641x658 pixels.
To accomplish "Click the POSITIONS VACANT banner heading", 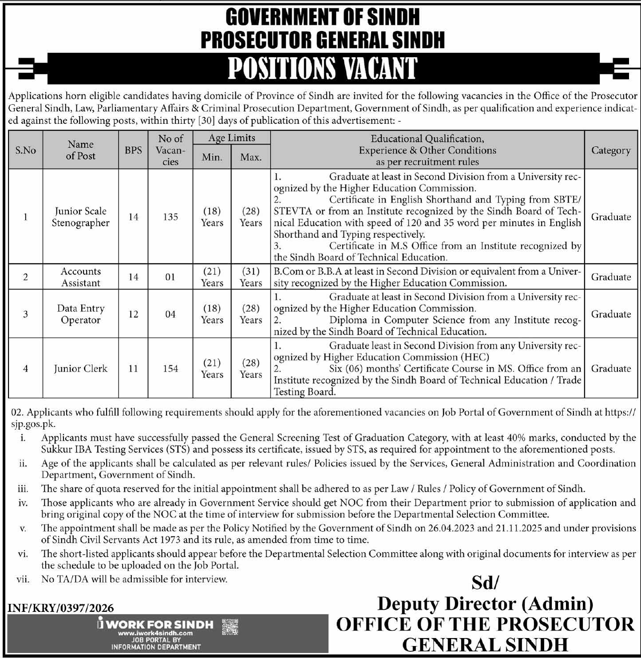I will coord(323,69).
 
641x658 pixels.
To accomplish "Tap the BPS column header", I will coord(133,150).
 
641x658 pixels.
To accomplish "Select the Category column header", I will coord(611,150).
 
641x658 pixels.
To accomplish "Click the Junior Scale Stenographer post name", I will coord(80,217).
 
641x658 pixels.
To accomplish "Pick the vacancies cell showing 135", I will coord(170,217).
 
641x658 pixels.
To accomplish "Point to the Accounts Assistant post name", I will coord(80,277).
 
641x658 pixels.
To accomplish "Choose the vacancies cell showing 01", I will coord(170,277).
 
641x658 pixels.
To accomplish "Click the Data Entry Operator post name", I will coord(80,314).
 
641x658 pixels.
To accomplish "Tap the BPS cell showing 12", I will coord(133,314).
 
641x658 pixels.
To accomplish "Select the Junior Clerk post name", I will coord(80,368).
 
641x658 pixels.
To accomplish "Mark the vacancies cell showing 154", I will coord(170,368).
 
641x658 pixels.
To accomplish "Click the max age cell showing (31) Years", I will coord(251,277).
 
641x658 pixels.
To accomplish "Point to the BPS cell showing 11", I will coord(133,368).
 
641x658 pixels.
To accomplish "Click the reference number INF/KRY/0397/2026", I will coord(61,608).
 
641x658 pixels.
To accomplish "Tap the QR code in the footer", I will coord(229,627).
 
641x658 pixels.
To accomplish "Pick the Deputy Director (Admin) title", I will coord(485,603).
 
